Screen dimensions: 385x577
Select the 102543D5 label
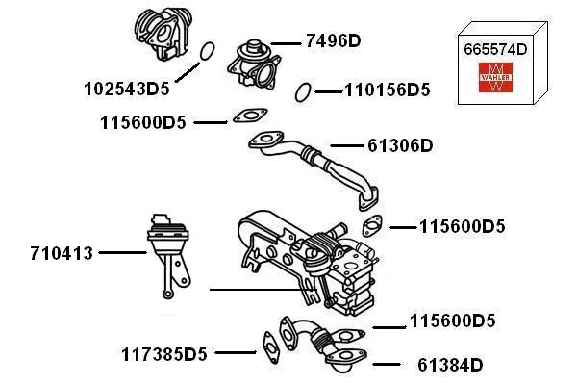pos(126,89)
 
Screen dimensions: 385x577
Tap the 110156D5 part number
pos(387,91)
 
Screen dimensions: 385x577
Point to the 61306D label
pos(400,146)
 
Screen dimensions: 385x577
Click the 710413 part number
pos(61,253)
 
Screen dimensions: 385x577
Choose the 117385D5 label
pos(164,353)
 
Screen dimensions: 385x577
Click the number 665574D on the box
pos(495,48)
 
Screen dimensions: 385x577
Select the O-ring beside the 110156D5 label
pos(302,91)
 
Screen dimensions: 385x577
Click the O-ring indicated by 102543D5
pos(204,51)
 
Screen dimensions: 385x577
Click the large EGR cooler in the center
pos(308,255)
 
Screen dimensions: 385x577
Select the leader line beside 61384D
pos(387,365)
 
